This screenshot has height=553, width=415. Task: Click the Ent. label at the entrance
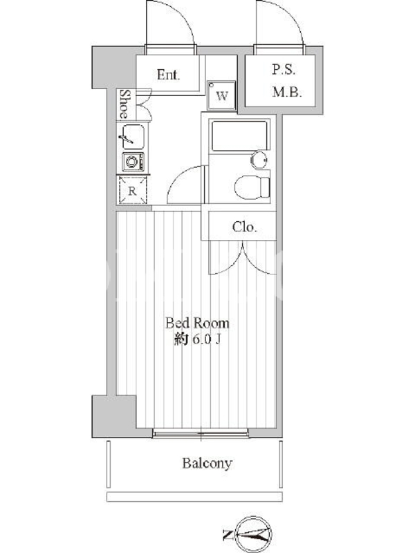click(x=168, y=75)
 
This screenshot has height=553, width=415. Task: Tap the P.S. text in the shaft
click(x=284, y=69)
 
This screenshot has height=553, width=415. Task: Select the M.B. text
click(x=287, y=93)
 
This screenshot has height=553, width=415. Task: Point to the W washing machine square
click(x=221, y=95)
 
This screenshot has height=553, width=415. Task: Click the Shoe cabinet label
click(x=124, y=104)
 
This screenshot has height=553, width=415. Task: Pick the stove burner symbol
click(x=133, y=162)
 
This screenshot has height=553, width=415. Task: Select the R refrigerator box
click(x=132, y=191)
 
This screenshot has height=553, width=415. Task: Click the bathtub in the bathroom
click(x=239, y=135)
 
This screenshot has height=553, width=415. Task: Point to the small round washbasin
click(x=259, y=160)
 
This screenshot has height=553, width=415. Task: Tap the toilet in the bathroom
click(x=252, y=187)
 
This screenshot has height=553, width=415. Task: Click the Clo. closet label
click(x=244, y=227)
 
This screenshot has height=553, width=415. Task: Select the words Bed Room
click(x=197, y=323)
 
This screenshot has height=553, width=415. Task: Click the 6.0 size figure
click(x=201, y=340)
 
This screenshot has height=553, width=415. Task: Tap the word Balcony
click(x=207, y=463)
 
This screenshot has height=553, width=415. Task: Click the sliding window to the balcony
click(x=201, y=433)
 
